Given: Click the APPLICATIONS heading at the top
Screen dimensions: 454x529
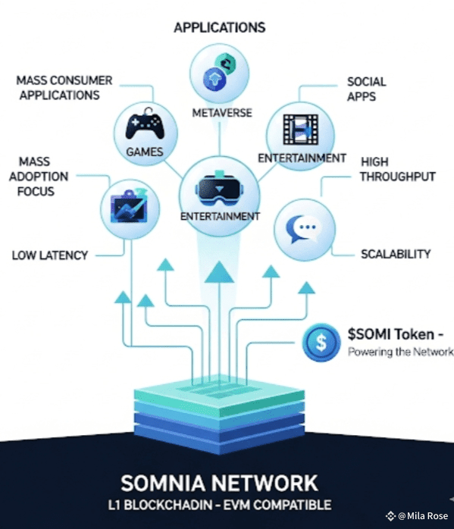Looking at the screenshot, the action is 220,28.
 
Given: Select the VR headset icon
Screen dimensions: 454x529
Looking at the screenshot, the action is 219,188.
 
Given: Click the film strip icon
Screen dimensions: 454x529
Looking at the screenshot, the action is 301,130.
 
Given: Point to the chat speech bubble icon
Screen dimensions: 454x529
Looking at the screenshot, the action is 303,229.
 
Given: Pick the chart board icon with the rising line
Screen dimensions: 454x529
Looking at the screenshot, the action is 129,206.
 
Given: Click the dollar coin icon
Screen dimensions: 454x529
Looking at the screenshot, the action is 321,343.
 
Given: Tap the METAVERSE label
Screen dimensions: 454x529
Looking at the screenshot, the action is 222,113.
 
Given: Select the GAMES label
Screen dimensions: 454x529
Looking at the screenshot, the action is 145,152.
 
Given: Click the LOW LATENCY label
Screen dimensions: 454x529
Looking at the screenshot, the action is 50,255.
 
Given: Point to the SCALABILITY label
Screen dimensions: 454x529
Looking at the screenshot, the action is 396,254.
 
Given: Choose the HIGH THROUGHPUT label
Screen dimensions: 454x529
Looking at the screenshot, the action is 397,169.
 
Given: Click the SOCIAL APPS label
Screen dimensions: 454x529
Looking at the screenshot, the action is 366,89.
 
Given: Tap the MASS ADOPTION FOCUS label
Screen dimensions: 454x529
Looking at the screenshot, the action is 39,177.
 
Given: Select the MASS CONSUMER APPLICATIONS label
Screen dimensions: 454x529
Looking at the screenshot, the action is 64,88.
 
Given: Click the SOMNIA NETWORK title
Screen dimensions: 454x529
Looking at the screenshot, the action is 219,483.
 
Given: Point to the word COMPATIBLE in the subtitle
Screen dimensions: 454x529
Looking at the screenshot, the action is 292,505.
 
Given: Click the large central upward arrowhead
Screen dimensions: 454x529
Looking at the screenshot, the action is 219,272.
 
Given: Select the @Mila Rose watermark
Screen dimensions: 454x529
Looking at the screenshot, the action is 417,516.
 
